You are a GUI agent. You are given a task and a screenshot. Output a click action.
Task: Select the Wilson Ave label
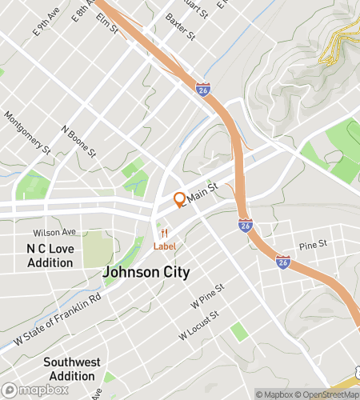[x=58, y=232]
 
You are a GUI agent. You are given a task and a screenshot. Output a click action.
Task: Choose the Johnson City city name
[x=146, y=273]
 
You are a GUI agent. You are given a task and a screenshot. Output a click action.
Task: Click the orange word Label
[x=165, y=246]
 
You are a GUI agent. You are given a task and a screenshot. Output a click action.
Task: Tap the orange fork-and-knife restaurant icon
[x=164, y=233]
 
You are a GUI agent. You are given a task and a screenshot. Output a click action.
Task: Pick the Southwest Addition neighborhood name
[x=71, y=368]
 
